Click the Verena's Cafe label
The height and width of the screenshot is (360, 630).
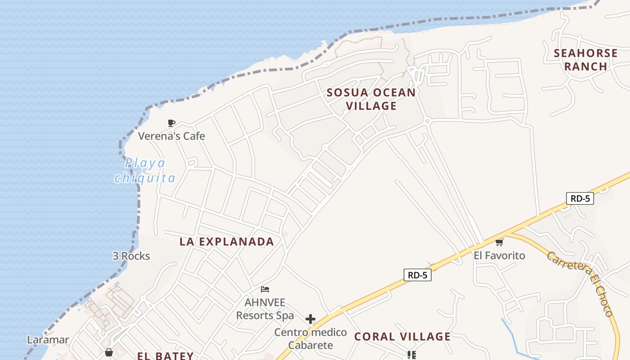pyautogui.click(x=171, y=136)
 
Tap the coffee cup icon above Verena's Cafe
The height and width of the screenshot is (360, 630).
pyautogui.click(x=171, y=123)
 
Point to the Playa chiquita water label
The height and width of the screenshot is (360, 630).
pyautogui.click(x=145, y=170)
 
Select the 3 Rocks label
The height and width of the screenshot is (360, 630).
pyautogui.click(x=131, y=256)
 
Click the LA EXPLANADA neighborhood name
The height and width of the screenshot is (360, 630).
pyautogui.click(x=227, y=242)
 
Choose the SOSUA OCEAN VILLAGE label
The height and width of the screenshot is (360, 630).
pyautogui.click(x=371, y=99)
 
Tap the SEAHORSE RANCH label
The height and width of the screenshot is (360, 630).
pyautogui.click(x=585, y=59)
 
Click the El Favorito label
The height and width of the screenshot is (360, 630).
pyautogui.click(x=499, y=256)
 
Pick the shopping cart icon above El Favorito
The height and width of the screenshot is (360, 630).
pyautogui.click(x=499, y=243)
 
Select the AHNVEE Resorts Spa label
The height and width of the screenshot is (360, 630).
pyautogui.click(x=265, y=309)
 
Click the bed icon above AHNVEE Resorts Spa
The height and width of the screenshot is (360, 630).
pyautogui.click(x=265, y=289)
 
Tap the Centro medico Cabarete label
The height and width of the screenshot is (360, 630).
pyautogui.click(x=311, y=339)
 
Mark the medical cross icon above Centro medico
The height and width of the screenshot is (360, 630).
pyautogui.click(x=310, y=319)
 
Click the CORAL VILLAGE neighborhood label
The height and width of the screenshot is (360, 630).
pyautogui.click(x=402, y=337)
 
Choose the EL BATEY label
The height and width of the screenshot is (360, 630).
pyautogui.click(x=165, y=356)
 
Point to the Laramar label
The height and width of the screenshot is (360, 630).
pyautogui.click(x=48, y=340)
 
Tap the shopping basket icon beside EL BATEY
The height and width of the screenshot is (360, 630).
pyautogui.click(x=108, y=352)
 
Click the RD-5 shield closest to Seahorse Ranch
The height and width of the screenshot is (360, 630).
pyautogui.click(x=580, y=198)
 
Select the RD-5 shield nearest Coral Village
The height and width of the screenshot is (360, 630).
pyautogui.click(x=417, y=275)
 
